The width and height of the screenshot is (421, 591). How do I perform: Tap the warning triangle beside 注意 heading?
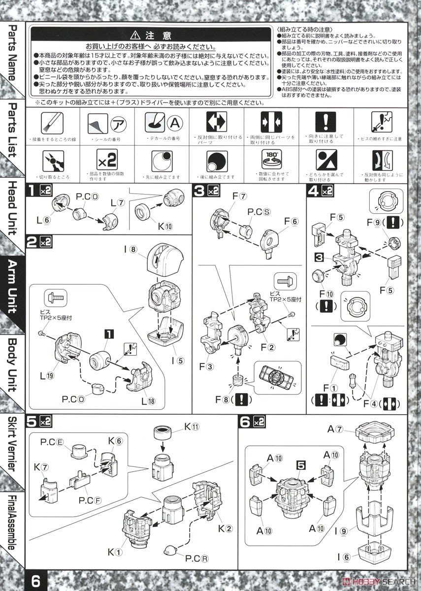[x=135, y=35]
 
